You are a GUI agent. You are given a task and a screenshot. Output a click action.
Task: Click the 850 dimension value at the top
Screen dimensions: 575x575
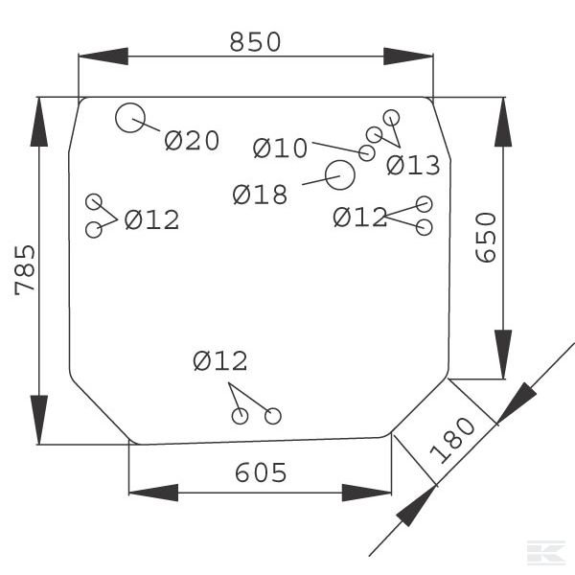pos(256,42)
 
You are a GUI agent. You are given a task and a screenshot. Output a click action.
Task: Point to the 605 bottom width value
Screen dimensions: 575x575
pos(260,472)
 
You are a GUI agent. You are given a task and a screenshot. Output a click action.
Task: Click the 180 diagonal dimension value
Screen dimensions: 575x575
pos(451,440)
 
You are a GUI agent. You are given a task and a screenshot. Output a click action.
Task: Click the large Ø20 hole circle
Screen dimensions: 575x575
pos(129,119)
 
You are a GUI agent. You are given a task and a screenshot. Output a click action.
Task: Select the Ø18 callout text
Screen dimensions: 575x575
pos(260,195)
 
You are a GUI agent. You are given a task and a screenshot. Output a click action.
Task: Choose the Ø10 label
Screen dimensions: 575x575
pos(280,149)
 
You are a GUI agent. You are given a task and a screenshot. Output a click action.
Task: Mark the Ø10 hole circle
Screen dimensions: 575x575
pos(367,153)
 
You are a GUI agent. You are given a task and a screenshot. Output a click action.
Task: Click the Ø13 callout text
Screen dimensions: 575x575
pos(413,166)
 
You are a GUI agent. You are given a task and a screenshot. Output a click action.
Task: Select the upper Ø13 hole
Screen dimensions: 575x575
pos(390,117)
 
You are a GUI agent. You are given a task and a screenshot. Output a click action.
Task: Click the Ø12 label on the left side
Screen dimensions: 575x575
pos(151,219)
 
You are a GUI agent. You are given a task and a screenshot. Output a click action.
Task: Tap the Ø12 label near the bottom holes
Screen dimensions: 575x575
pos(219,361)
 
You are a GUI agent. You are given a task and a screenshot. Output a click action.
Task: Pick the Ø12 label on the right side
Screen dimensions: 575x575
pos(359,218)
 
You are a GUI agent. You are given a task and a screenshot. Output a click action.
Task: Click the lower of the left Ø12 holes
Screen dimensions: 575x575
pos(94,230)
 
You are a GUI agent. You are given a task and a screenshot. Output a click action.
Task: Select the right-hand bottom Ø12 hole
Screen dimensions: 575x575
pos(273,416)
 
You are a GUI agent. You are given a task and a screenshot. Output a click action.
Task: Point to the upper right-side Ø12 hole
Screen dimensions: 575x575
pos(425,203)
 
